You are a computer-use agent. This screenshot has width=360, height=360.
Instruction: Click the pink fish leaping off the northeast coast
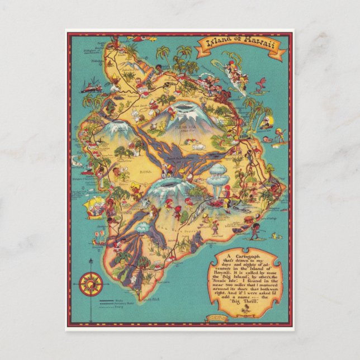(x=260, y=84)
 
